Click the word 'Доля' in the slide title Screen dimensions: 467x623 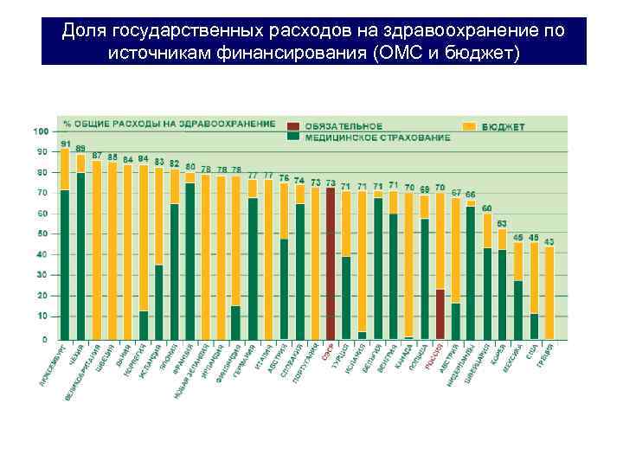click(x=81, y=31)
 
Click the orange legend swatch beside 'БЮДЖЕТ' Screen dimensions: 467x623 click(x=468, y=126)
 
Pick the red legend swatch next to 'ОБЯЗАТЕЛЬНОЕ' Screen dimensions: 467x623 click(x=294, y=126)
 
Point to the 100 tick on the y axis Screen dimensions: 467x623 click(x=41, y=131)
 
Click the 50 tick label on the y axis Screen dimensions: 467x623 click(x=42, y=234)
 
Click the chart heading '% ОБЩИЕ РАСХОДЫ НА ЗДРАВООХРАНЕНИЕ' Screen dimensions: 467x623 click(x=170, y=124)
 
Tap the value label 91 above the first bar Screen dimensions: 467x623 click(x=65, y=143)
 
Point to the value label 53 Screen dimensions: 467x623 click(x=502, y=223)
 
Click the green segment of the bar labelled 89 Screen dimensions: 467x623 click(x=80, y=255)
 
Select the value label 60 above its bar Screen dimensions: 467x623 click(x=486, y=208)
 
